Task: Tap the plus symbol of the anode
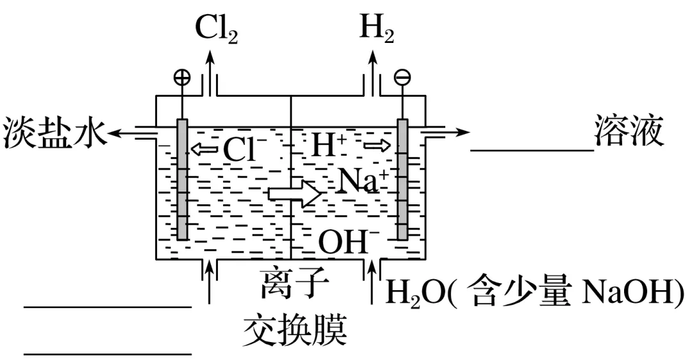tap(183, 78)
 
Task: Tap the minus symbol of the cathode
tap(403, 78)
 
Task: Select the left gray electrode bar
tap(183, 180)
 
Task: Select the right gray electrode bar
tap(402, 180)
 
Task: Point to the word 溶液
tap(629, 132)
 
